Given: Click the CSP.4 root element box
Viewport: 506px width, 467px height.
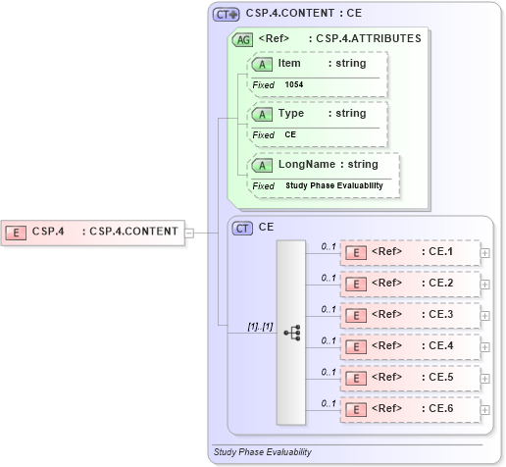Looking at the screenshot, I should [92, 232].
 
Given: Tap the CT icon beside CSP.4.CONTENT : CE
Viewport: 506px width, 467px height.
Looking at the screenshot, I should [227, 15].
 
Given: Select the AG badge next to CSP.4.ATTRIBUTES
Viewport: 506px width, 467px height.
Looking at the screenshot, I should [241, 39].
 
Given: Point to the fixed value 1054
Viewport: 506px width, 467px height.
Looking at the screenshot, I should [294, 85].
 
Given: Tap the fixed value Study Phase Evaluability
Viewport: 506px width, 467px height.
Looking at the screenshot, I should [334, 185].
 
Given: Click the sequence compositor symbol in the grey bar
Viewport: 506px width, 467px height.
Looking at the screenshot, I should [291, 333].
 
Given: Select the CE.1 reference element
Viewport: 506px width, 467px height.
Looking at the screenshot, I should [409, 252].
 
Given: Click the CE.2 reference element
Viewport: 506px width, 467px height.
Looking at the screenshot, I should [409, 284].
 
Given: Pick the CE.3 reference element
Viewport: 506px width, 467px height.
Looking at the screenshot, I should [409, 315].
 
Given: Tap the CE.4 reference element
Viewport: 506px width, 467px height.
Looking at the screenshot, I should [409, 346].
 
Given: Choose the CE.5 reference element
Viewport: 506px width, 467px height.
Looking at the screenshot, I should [409, 378].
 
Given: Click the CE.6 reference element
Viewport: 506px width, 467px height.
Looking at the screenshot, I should [409, 409].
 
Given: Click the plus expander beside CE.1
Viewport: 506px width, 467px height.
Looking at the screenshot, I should [485, 253].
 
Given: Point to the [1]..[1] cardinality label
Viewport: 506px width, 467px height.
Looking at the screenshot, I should [260, 325].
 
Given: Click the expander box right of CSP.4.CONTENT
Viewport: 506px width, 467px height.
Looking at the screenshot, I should [189, 233].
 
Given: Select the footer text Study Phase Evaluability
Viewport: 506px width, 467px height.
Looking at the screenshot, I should [262, 452].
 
